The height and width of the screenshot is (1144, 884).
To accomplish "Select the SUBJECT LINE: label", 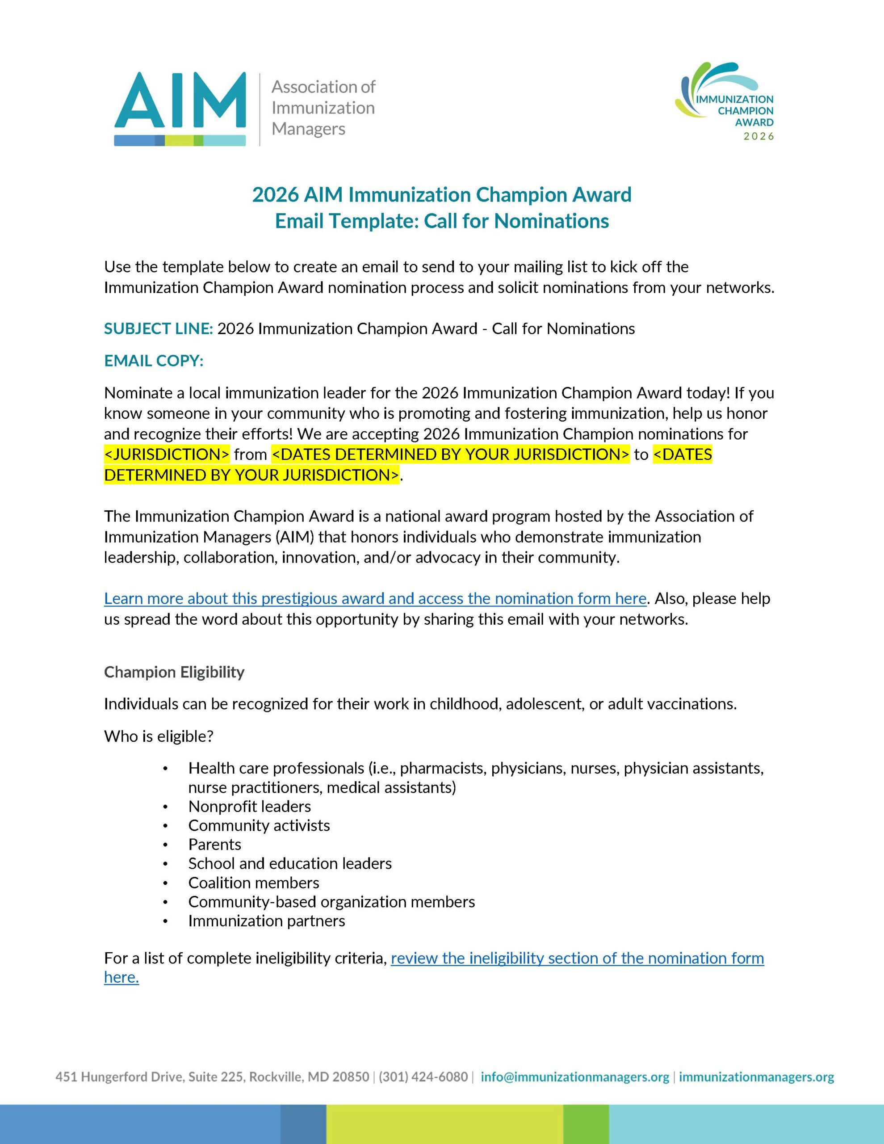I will [158, 329].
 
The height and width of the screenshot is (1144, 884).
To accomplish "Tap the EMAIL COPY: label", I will [154, 361].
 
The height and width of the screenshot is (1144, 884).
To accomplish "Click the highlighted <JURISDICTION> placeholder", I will [167, 454].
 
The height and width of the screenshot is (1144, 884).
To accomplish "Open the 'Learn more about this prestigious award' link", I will [375, 599].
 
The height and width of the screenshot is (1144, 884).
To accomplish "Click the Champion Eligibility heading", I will [174, 672].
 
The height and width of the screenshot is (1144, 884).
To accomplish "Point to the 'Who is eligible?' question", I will [159, 736].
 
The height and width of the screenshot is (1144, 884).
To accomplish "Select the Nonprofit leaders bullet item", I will [249, 807].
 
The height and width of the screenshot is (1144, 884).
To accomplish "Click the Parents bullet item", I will [215, 845].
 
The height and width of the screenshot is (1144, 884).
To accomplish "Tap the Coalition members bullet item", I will [253, 883].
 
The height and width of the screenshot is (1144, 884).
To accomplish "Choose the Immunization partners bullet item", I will [267, 921].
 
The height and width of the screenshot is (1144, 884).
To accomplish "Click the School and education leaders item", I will [289, 863].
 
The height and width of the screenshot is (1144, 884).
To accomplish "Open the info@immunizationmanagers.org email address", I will [574, 1077].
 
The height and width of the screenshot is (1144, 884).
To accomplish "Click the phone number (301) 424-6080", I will [423, 1077].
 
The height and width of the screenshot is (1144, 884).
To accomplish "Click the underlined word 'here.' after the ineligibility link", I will [121, 977].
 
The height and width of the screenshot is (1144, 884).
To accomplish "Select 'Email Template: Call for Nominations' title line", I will [442, 221].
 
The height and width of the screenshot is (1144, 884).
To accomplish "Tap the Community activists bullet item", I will [259, 825].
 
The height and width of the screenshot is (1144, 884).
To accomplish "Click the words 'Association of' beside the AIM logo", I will [323, 87].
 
